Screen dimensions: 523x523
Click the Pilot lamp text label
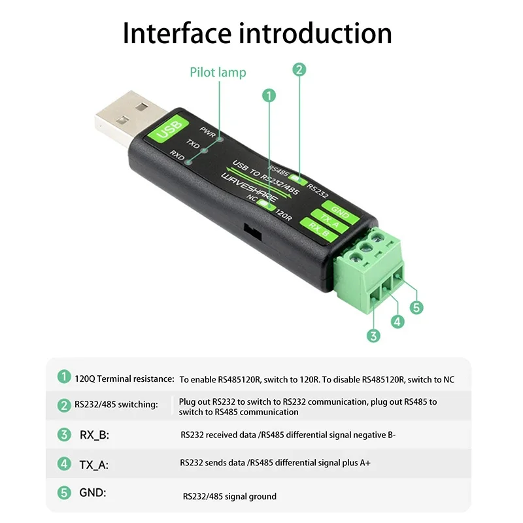click(x=218, y=72)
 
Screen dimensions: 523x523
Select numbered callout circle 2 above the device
click(x=299, y=69)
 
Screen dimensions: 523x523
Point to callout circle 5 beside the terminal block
click(x=416, y=307)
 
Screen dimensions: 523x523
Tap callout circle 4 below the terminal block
click(x=397, y=322)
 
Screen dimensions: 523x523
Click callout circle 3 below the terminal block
click(x=373, y=336)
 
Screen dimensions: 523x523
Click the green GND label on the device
click(x=340, y=212)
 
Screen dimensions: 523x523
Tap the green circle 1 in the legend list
click(x=63, y=377)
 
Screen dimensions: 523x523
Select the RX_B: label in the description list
click(x=93, y=434)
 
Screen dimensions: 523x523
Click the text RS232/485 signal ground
click(x=229, y=496)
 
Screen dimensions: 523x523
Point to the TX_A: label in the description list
click(x=93, y=464)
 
